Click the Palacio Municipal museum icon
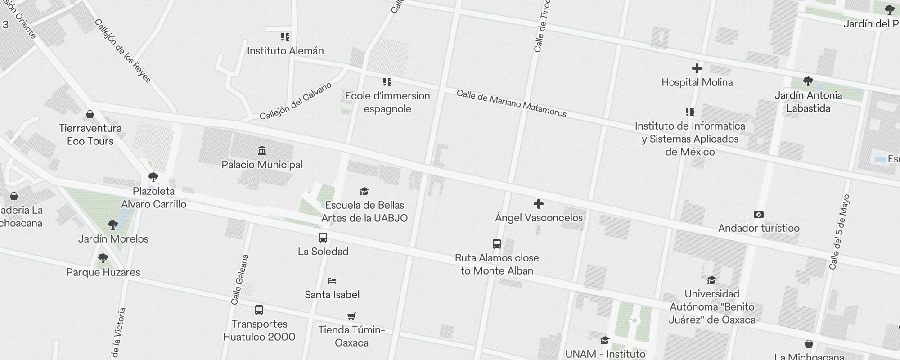pos(262,150)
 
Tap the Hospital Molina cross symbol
pos(697,68)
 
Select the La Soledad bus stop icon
pos(323,238)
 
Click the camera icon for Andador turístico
pos(758,214)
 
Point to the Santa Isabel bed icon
pos(332,281)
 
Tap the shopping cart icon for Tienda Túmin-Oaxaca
pos(351,316)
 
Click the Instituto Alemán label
pos(285,51)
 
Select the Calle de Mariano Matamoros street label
pos(511,103)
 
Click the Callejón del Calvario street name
pos(296,101)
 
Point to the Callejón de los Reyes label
pos(123,51)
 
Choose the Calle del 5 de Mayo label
pos(840,232)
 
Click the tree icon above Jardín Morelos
pos(113,225)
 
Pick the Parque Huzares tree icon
pos(103,258)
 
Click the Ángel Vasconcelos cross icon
pos(538,204)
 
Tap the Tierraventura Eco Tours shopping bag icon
pos(90,114)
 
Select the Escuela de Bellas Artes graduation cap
pos(364,192)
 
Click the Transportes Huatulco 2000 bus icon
pos(259,310)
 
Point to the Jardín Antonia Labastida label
pos(808,102)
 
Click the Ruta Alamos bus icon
pos(496,244)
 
